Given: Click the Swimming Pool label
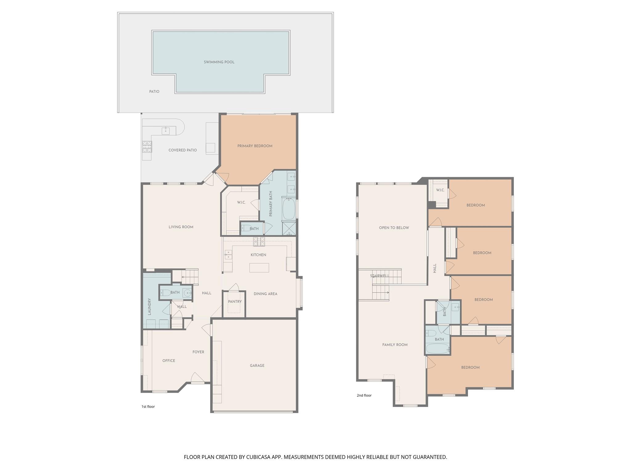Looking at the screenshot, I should point(219,62).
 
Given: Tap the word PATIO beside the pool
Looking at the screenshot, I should point(154,91).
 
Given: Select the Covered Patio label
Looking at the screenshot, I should point(182,150).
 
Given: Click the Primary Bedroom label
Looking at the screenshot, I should point(255,146).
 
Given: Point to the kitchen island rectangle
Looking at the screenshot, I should point(259,268).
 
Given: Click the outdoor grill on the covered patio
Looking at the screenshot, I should point(147,147).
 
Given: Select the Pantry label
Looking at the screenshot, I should point(235,301).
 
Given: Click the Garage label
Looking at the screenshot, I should point(257,366).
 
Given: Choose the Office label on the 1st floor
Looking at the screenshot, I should point(169,361).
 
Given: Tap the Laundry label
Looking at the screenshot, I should point(149,306).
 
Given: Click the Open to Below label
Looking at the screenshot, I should point(394,228).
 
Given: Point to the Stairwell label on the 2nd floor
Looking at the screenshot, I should point(379,276).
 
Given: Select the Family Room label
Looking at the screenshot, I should point(395,345).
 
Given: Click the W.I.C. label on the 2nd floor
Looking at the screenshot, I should point(440,190).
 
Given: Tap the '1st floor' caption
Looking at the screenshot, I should point(148,406).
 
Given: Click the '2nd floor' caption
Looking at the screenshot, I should point(364,395).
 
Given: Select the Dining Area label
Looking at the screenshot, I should point(265,294).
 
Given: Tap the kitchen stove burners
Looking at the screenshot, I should point(259,241).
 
